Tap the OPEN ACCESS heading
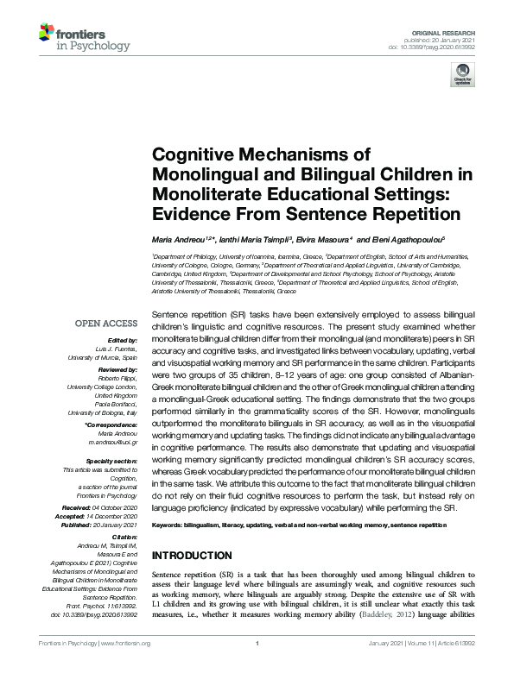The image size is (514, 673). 107,323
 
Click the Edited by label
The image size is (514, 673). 122,340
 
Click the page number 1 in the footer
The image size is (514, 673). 257,667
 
